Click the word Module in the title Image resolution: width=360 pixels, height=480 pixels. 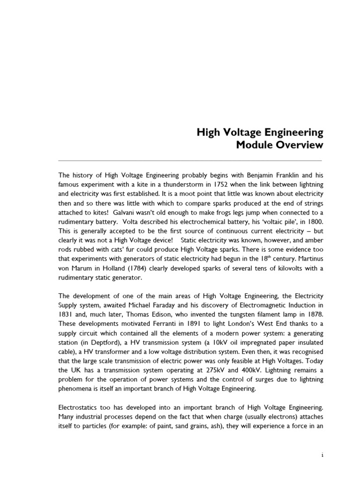256,145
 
